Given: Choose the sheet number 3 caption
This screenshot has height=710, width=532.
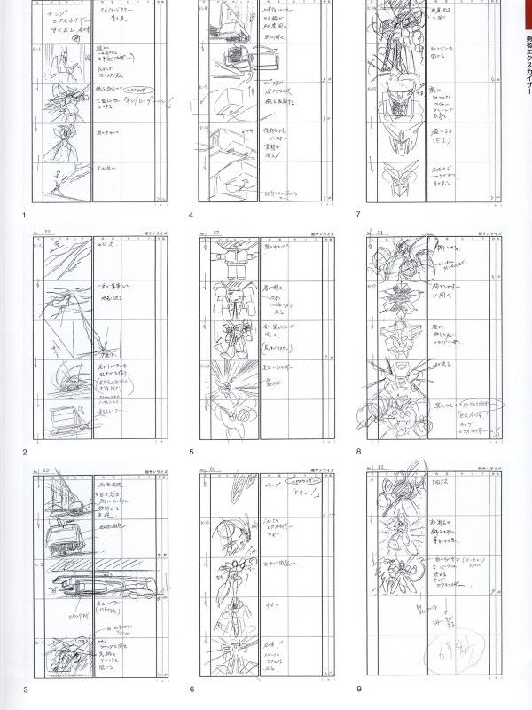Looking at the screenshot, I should (25, 690).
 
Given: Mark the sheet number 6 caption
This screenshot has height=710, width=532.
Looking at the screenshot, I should (191, 690).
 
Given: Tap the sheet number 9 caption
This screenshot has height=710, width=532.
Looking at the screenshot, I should (357, 690).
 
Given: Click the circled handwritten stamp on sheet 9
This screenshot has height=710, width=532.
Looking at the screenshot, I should (458, 654).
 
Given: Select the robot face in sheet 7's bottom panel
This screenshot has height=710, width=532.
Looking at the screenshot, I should (400, 180).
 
